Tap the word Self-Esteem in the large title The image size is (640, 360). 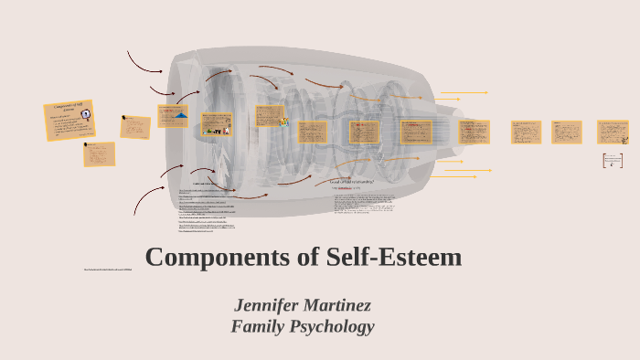393,257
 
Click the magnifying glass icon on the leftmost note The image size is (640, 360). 88,144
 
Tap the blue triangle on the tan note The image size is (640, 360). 181,116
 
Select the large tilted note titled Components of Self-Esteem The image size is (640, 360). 70,120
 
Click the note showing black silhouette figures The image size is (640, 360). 217,125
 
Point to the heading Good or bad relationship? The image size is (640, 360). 352,181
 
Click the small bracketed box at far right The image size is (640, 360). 613,161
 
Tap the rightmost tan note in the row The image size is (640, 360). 613,132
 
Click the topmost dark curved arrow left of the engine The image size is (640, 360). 144,62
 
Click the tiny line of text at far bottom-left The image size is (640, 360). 108,270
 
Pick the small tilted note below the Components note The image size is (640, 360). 99,154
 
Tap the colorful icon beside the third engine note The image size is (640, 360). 285,122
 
